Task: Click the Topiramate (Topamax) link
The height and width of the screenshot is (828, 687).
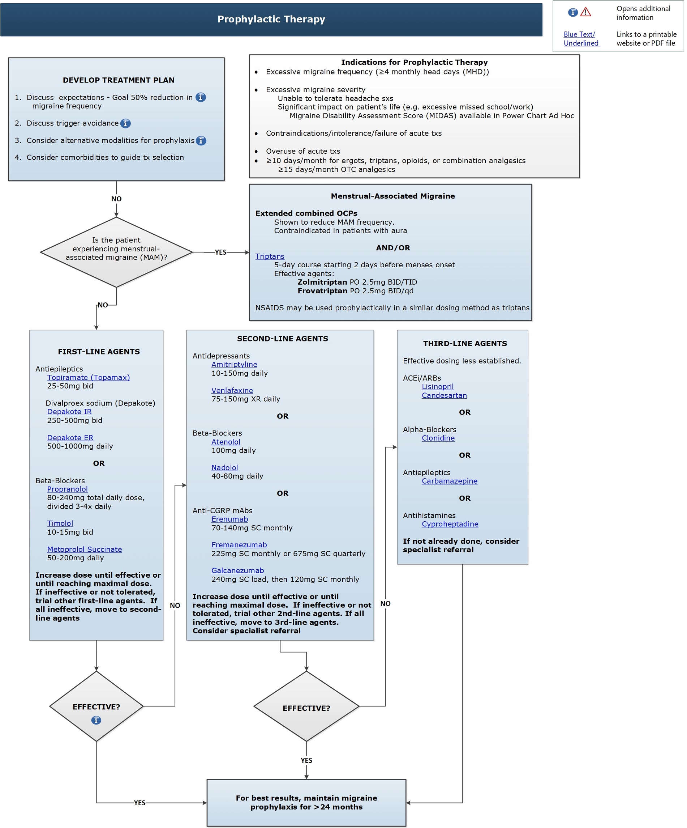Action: tap(88, 377)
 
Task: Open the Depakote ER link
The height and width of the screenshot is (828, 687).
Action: tap(70, 438)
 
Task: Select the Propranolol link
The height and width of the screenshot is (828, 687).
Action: tap(67, 489)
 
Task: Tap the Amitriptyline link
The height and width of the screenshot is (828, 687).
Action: tap(234, 364)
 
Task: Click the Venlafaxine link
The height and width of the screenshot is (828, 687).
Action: tap(232, 390)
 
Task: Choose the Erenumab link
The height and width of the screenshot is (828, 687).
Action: tap(229, 519)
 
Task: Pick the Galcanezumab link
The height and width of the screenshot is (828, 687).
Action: tap(237, 570)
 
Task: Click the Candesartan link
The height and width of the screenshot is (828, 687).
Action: tap(444, 395)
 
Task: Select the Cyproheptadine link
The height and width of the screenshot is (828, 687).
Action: tap(450, 524)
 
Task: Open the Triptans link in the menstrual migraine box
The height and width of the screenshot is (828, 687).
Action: tap(270, 256)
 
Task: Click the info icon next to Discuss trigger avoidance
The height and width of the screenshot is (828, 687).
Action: tap(125, 123)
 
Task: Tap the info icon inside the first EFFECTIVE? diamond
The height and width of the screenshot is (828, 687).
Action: tap(96, 720)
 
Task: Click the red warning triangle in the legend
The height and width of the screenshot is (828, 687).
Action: tap(585, 12)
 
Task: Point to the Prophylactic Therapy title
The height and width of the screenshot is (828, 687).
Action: tap(271, 19)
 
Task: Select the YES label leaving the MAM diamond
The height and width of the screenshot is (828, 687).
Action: tap(220, 252)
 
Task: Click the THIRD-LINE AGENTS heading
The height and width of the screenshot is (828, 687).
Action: tap(465, 343)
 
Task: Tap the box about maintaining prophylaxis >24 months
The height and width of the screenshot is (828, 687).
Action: tap(306, 802)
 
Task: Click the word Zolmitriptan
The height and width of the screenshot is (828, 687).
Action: tap(322, 282)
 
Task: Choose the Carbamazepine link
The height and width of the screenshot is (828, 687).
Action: tap(449, 481)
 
